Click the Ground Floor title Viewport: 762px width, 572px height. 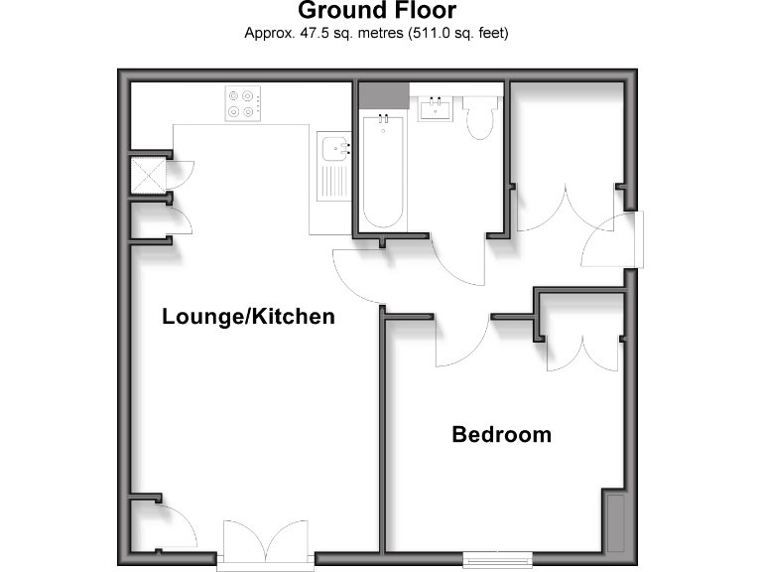pyautogui.click(x=377, y=12)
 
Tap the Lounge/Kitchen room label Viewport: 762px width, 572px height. pyautogui.click(x=248, y=317)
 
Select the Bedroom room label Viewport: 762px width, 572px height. pyautogui.click(x=501, y=434)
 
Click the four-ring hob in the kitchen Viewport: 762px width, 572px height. pyautogui.click(x=243, y=103)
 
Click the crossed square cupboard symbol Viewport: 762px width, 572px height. pyautogui.click(x=148, y=175)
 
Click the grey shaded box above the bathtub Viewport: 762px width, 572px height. pyautogui.click(x=382, y=95)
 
